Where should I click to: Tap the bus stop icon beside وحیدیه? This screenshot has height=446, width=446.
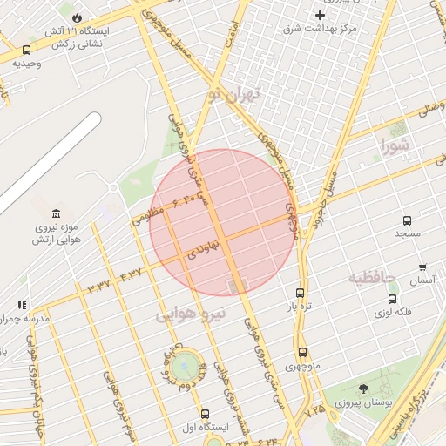pyautogui.click(x=27, y=51)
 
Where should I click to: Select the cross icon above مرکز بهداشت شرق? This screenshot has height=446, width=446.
pyautogui.click(x=321, y=15)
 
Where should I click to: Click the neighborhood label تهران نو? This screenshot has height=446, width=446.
pyautogui.click(x=234, y=93)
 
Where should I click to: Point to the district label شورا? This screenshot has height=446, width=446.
pyautogui.click(x=393, y=145)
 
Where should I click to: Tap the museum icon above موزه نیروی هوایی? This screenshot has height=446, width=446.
pyautogui.click(x=57, y=213)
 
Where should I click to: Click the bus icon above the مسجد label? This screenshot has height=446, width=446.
pyautogui.click(x=407, y=220)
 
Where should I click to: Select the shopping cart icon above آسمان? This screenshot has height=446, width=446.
pyautogui.click(x=422, y=267)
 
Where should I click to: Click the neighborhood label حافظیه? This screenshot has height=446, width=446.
pyautogui.click(x=372, y=277)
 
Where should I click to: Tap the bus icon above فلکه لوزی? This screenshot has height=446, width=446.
pyautogui.click(x=392, y=299)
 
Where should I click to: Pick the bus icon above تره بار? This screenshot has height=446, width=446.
pyautogui.click(x=301, y=294)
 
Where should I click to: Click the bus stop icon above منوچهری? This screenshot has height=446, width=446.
pyautogui.click(x=302, y=353)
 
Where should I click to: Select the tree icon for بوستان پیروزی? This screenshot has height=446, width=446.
pyautogui.click(x=363, y=389)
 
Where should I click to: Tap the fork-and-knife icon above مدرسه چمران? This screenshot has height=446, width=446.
pyautogui.click(x=22, y=305)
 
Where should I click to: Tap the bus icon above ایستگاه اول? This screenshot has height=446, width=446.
pyautogui.click(x=205, y=414)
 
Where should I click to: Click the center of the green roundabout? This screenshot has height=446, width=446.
pyautogui.click(x=185, y=366)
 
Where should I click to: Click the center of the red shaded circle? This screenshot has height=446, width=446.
pyautogui.click(x=224, y=222)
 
